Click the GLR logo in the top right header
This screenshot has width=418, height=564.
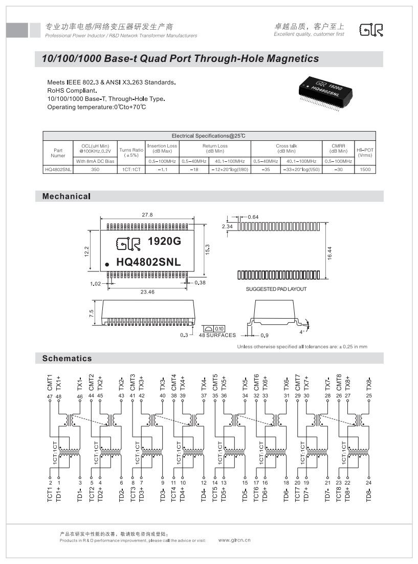click(371, 30)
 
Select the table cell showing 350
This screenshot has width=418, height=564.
click(95, 169)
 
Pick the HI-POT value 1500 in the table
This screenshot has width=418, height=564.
click(365, 169)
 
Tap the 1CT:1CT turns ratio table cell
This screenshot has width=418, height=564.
click(131, 169)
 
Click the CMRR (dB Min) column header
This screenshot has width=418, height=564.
click(338, 149)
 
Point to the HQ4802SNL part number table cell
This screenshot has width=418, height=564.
click(58, 169)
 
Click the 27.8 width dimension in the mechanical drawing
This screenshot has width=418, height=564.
click(148, 215)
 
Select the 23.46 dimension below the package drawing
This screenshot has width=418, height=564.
click(148, 291)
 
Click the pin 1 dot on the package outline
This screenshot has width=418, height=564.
click(107, 264)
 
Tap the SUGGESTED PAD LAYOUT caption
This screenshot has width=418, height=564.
click(276, 289)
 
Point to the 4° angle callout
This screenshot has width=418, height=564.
click(302, 331)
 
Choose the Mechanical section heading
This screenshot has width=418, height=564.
click(66, 196)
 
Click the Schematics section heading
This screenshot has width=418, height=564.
click(67, 359)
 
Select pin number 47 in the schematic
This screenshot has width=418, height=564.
click(50, 396)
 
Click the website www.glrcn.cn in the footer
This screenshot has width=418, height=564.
click(234, 540)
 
